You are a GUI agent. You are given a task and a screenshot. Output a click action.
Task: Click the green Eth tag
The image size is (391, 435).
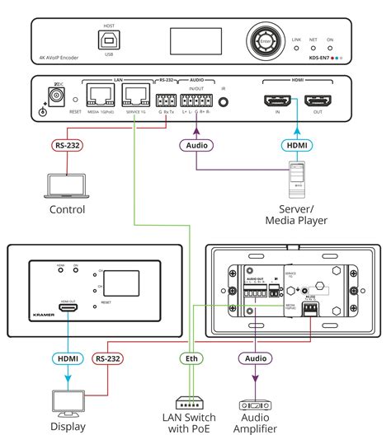point(188,358)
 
